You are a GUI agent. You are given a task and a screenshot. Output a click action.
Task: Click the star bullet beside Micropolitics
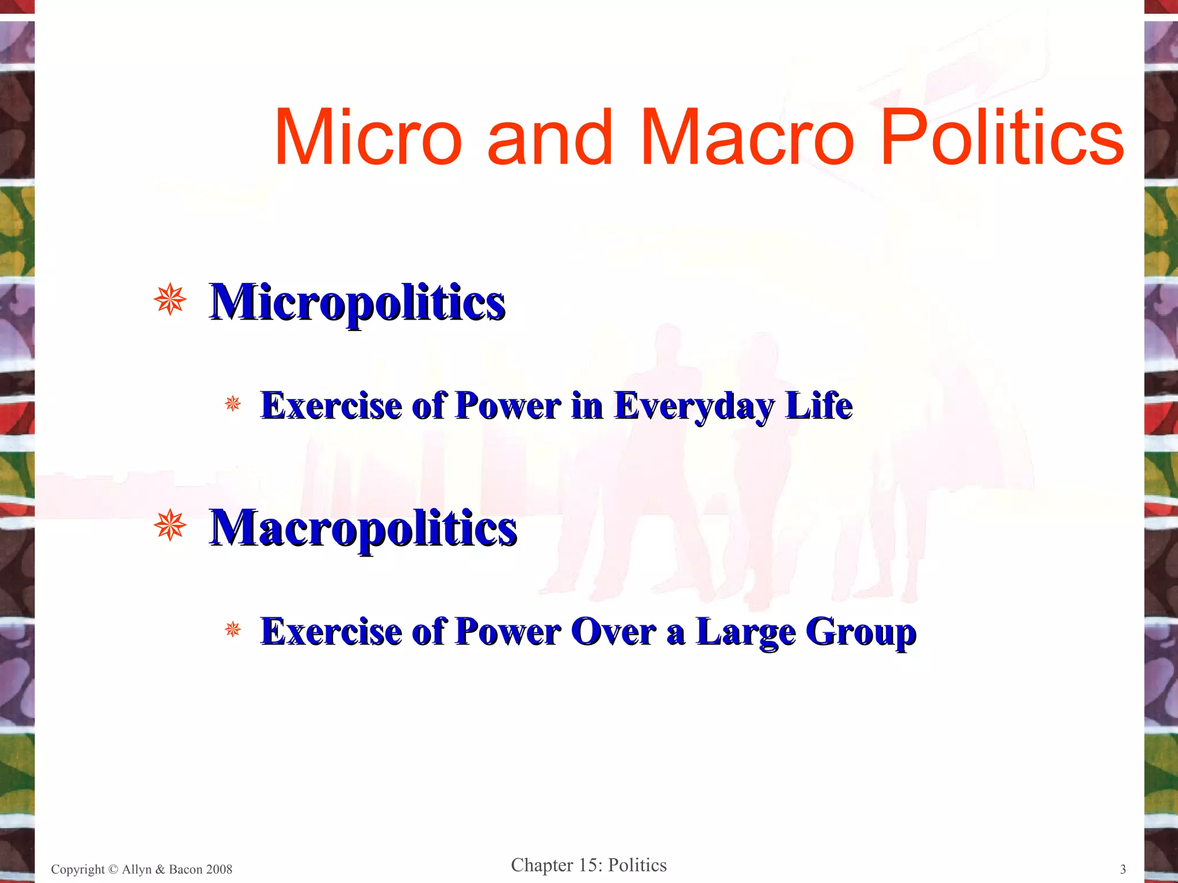(170, 300)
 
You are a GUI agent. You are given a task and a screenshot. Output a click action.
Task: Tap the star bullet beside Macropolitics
(170, 525)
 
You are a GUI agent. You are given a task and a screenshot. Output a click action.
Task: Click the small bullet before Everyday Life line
(233, 404)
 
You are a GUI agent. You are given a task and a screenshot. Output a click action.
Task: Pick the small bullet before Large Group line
(233, 629)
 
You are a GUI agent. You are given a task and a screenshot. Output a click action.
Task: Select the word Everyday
(694, 406)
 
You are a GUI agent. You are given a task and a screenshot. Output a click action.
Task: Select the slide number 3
(1123, 869)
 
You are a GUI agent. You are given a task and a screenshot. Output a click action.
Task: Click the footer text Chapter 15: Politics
(588, 865)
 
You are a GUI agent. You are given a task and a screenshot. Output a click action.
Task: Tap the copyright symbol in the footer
(113, 869)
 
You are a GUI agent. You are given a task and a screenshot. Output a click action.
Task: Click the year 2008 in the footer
(219, 869)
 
